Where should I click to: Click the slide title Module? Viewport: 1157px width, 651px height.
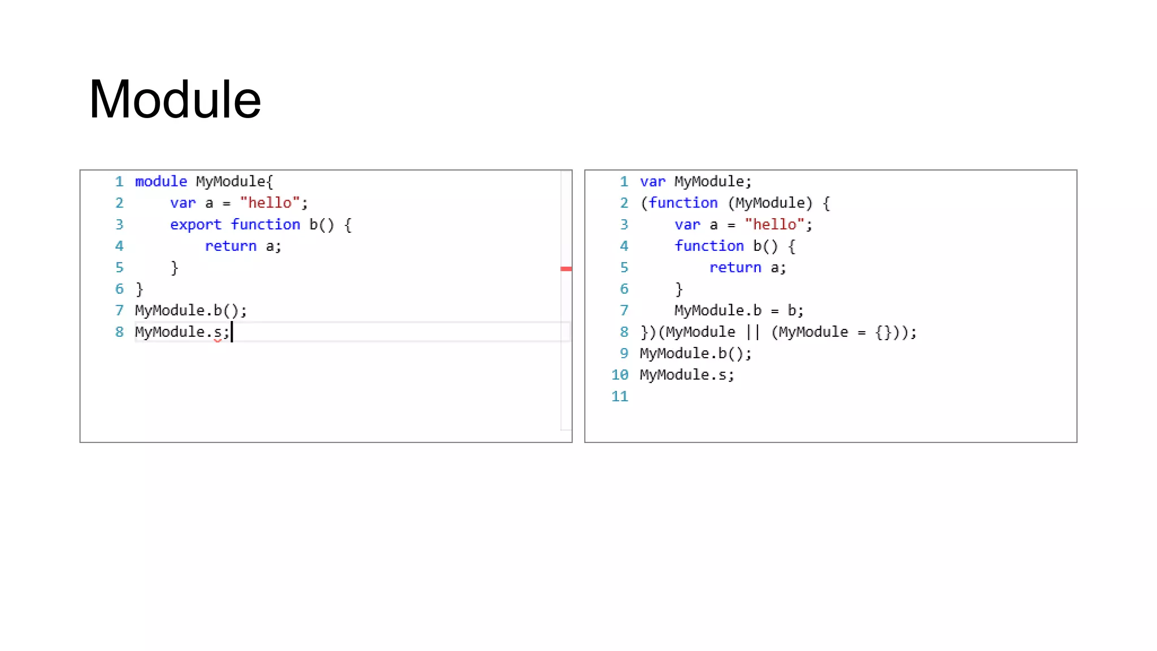pos(175,99)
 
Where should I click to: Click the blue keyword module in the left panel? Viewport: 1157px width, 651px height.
pos(161,181)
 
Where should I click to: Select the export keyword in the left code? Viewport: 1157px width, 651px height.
pos(195,224)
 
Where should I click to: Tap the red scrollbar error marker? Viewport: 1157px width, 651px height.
pos(566,269)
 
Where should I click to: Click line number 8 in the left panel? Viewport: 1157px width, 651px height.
pos(119,332)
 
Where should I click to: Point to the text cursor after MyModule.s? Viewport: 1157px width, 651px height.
pos(232,332)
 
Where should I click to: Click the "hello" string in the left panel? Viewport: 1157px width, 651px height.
pos(269,203)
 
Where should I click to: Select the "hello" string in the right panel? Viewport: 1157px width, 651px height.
pos(774,224)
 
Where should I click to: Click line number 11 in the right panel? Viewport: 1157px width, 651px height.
pos(620,396)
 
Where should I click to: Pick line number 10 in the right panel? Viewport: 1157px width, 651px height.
pos(620,375)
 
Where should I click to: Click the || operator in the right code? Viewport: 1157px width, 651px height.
pos(753,332)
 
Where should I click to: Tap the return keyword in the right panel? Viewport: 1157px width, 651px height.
pos(735,267)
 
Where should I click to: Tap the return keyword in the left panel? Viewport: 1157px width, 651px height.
pos(230,246)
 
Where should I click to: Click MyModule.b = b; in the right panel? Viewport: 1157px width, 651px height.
pos(739,310)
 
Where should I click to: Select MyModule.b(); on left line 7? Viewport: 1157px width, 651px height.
pos(191,310)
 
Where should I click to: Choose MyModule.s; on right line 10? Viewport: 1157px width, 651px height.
pos(687,375)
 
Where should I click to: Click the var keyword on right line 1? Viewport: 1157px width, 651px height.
pos(653,181)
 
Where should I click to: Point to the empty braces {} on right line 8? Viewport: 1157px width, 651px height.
pos(884,332)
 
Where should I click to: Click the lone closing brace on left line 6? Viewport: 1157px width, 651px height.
pos(140,289)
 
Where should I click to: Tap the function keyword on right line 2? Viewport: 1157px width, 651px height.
pos(683,203)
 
